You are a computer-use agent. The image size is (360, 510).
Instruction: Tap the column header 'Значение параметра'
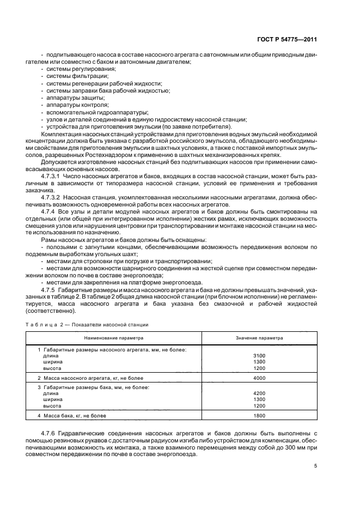(259, 338)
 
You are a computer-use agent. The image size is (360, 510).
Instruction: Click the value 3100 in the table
(259, 355)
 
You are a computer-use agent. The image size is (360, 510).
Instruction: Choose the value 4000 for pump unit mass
(259, 377)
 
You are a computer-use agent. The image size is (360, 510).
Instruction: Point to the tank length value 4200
(259, 392)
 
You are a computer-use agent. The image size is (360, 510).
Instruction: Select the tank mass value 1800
(259, 416)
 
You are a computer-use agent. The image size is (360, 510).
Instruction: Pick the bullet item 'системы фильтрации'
(69, 76)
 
